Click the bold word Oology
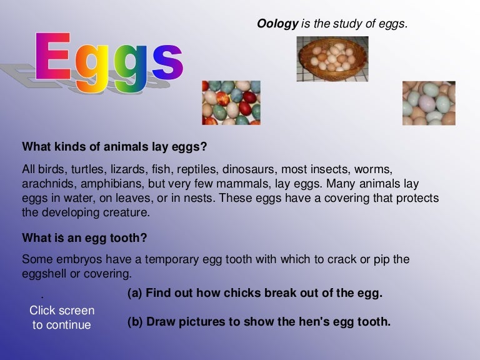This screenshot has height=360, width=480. pyautogui.click(x=277, y=24)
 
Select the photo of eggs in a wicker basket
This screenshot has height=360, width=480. pyautogui.click(x=332, y=59)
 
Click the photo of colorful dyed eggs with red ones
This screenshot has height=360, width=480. pyautogui.click(x=231, y=102)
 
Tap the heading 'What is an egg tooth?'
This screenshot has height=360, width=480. pyautogui.click(x=84, y=237)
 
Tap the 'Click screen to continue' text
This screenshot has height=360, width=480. pyautogui.click(x=62, y=317)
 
